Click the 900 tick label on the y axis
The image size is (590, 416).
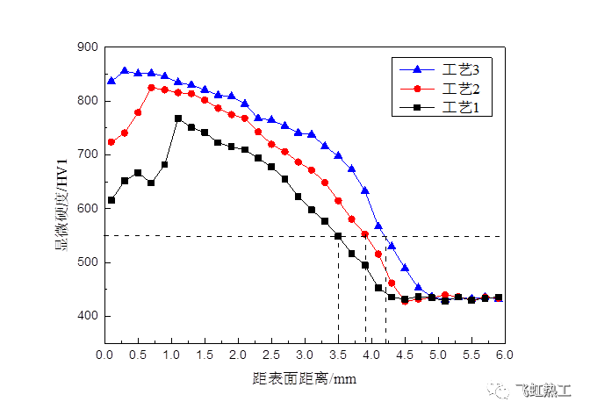click(x=88, y=47)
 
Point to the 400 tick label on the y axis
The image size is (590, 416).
click(x=88, y=315)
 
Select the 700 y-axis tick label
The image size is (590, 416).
click(x=88, y=154)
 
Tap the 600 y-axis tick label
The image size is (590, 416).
click(x=88, y=208)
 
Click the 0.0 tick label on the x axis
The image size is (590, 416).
click(x=104, y=355)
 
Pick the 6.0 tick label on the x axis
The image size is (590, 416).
click(x=504, y=355)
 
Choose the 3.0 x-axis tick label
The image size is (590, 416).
click(x=305, y=355)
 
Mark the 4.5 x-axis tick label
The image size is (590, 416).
click(x=405, y=355)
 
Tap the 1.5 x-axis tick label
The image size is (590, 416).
click(x=205, y=355)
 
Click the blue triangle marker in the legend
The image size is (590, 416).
click(x=417, y=69)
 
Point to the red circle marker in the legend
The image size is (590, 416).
click(x=417, y=89)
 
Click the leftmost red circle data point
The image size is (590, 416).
click(x=112, y=142)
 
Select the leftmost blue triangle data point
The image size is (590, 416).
click(x=112, y=81)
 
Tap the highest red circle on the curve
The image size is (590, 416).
click(x=152, y=88)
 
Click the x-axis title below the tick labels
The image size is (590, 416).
click(x=304, y=379)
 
